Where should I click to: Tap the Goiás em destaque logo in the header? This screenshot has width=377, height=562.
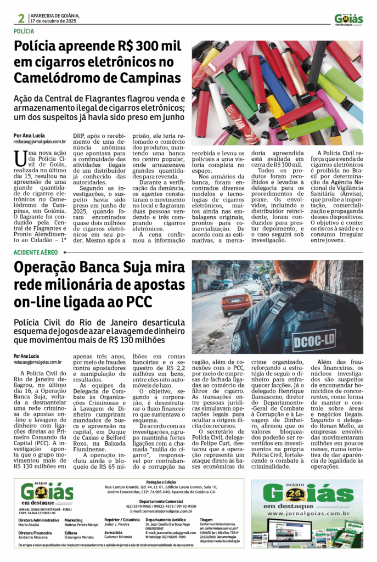point(348,19)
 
